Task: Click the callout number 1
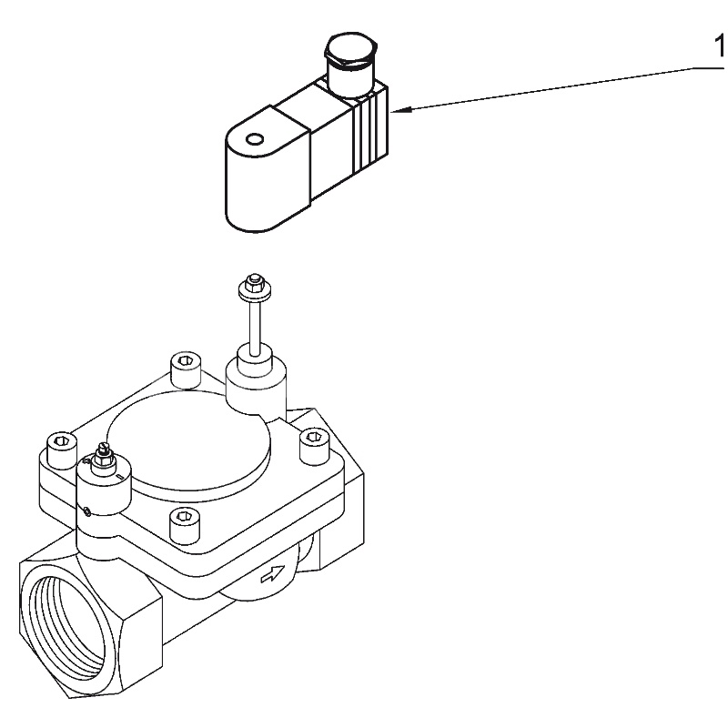click(x=719, y=45)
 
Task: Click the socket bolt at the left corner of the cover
click(x=61, y=447)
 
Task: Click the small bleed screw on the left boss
click(x=103, y=453)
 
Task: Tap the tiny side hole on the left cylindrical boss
click(x=85, y=512)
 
